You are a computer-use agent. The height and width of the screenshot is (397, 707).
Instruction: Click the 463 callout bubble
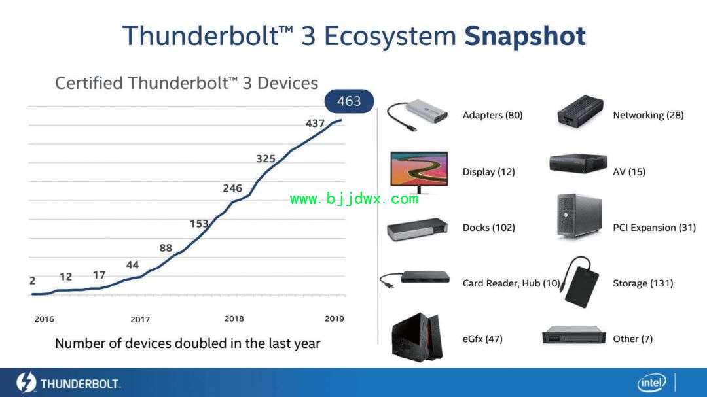coord(349,101)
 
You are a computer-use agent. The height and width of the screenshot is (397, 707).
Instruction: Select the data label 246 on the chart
coord(232,188)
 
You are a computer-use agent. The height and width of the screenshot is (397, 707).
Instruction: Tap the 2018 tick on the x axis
coord(234,319)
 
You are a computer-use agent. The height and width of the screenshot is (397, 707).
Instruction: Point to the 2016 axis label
coord(45,319)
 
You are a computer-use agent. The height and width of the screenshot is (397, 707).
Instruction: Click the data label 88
coord(166,248)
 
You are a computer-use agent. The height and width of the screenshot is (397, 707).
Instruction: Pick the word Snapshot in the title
coord(525,36)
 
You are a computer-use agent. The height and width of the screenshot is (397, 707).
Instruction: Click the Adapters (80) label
coord(492,115)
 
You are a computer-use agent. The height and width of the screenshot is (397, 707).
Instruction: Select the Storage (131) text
coord(643,283)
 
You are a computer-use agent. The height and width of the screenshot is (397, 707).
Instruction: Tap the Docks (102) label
coord(488,228)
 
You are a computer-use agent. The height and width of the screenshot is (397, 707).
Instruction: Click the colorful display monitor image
coord(419,172)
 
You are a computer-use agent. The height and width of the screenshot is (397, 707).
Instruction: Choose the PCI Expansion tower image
coord(579,216)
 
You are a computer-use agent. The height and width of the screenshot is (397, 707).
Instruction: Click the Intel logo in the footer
coord(651,383)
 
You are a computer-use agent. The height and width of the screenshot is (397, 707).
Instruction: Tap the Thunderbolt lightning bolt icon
coord(26,383)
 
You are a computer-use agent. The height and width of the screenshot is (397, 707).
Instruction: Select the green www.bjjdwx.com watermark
coord(354,199)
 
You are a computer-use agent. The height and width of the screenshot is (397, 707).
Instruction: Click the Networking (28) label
coord(648,115)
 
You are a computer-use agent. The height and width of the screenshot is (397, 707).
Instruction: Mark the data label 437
coord(315,123)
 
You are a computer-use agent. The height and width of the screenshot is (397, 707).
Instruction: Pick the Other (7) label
coord(632,339)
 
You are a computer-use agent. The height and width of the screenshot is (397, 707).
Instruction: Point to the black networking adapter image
coord(580,111)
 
